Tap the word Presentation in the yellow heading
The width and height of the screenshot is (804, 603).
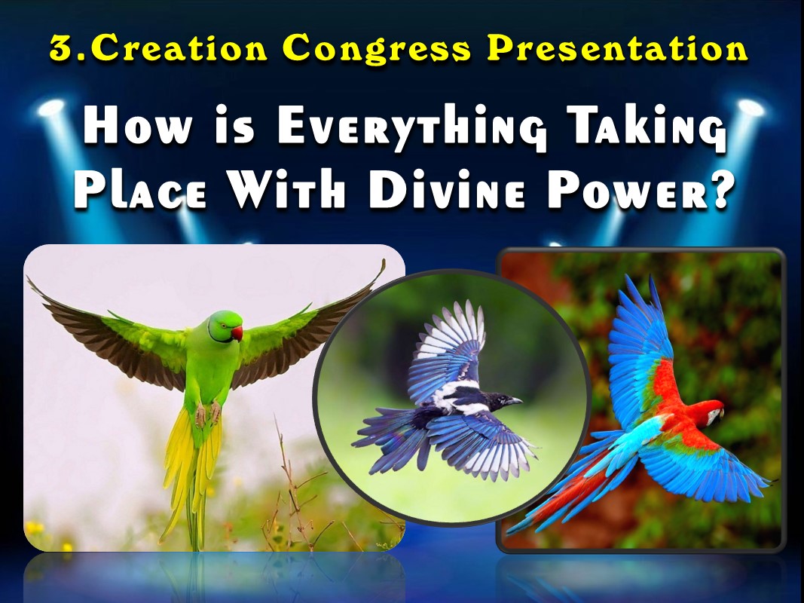617,49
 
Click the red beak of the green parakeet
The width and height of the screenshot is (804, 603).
237,333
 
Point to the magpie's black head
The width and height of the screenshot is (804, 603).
503,401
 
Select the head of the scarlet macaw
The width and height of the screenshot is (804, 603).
707,413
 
